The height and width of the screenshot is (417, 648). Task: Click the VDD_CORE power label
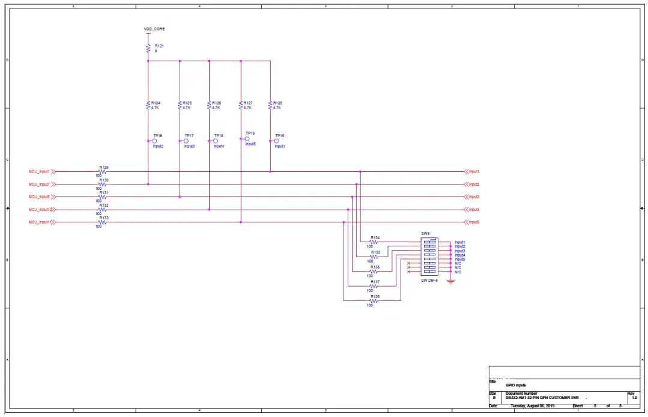(x=154, y=29)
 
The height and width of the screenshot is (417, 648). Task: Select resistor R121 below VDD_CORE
(x=148, y=48)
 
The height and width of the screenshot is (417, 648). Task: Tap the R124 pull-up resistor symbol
(x=148, y=105)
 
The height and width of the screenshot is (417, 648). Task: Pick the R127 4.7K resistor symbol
(x=241, y=105)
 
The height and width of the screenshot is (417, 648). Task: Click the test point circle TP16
(x=155, y=141)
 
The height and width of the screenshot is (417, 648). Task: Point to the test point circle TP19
(x=247, y=139)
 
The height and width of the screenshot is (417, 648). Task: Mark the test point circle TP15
(x=277, y=141)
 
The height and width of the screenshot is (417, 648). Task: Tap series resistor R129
(x=102, y=171)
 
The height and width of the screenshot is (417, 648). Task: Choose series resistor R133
(x=102, y=222)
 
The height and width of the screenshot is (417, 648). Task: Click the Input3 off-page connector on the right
(x=473, y=196)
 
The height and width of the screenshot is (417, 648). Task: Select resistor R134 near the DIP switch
(x=374, y=242)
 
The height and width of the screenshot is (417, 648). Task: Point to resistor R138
(x=374, y=300)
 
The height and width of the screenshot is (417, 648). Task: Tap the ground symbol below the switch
(x=451, y=281)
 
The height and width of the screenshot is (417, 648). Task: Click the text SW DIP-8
(x=430, y=280)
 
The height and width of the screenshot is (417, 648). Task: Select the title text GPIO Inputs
(x=516, y=385)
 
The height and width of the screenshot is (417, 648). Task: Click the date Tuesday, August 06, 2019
(x=533, y=406)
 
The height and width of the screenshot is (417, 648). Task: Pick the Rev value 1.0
(x=635, y=398)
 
